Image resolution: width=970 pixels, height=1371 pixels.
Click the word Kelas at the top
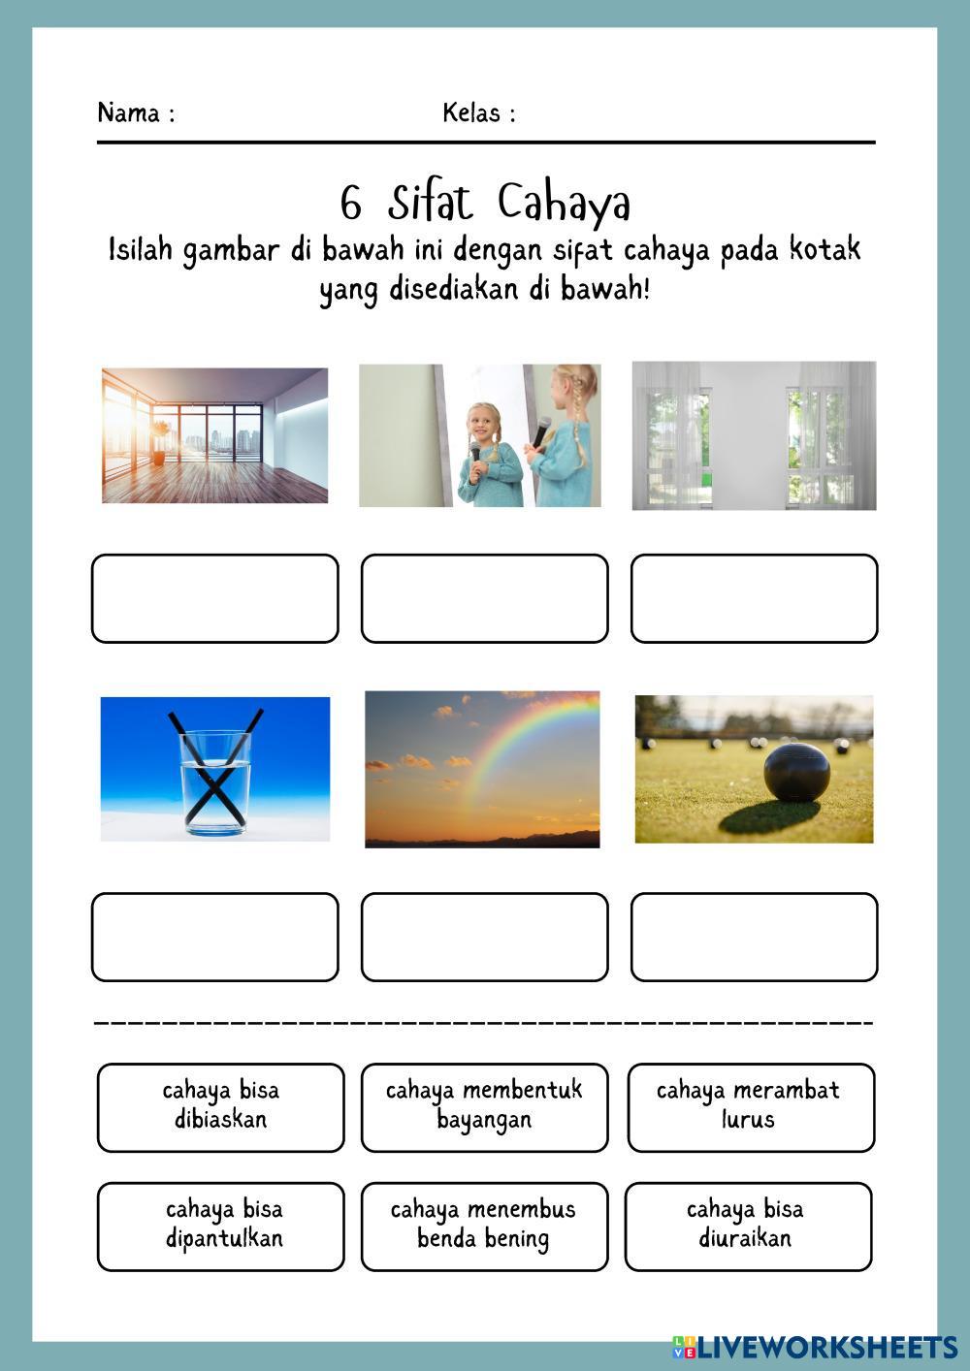(x=471, y=113)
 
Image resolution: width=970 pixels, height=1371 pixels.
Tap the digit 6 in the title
(x=350, y=204)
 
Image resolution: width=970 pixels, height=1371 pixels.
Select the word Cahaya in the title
(x=565, y=204)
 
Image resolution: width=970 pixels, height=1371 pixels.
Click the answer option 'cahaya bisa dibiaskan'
(x=221, y=1106)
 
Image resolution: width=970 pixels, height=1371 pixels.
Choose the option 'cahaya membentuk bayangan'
(x=484, y=1106)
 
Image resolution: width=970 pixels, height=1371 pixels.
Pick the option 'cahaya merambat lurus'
(x=749, y=1106)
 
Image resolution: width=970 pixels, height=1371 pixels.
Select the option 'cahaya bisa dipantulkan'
(x=221, y=1226)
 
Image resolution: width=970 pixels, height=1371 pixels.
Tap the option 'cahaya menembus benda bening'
(x=484, y=1226)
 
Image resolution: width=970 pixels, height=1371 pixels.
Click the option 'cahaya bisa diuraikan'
(x=747, y=1226)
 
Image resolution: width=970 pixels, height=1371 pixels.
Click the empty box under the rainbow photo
(x=484, y=937)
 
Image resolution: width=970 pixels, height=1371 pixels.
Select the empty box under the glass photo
(x=215, y=937)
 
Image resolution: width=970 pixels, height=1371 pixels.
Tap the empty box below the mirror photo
(x=484, y=598)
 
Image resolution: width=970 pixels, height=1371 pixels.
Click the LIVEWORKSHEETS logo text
(x=824, y=1346)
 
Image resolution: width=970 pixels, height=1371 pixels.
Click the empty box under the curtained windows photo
(x=754, y=598)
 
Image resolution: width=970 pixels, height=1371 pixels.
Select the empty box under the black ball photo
(x=754, y=937)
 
